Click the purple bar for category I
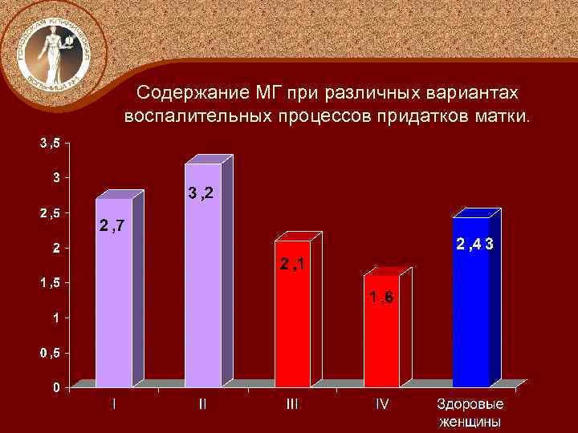[114, 305]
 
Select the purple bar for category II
[203, 289]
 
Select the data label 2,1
[292, 264]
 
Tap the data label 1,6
[381, 299]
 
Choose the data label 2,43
[474, 242]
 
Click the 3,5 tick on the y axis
[50, 144]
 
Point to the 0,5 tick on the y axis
[50, 353]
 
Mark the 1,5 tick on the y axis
[50, 283]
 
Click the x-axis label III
[292, 405]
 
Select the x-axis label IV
[382, 405]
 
